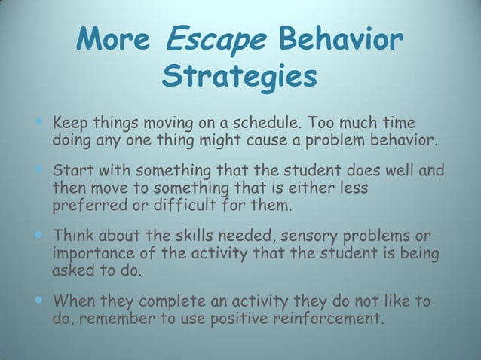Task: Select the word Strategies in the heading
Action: point(240,76)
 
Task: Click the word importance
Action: point(90,253)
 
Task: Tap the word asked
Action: point(72,272)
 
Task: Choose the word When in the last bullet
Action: point(70,301)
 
